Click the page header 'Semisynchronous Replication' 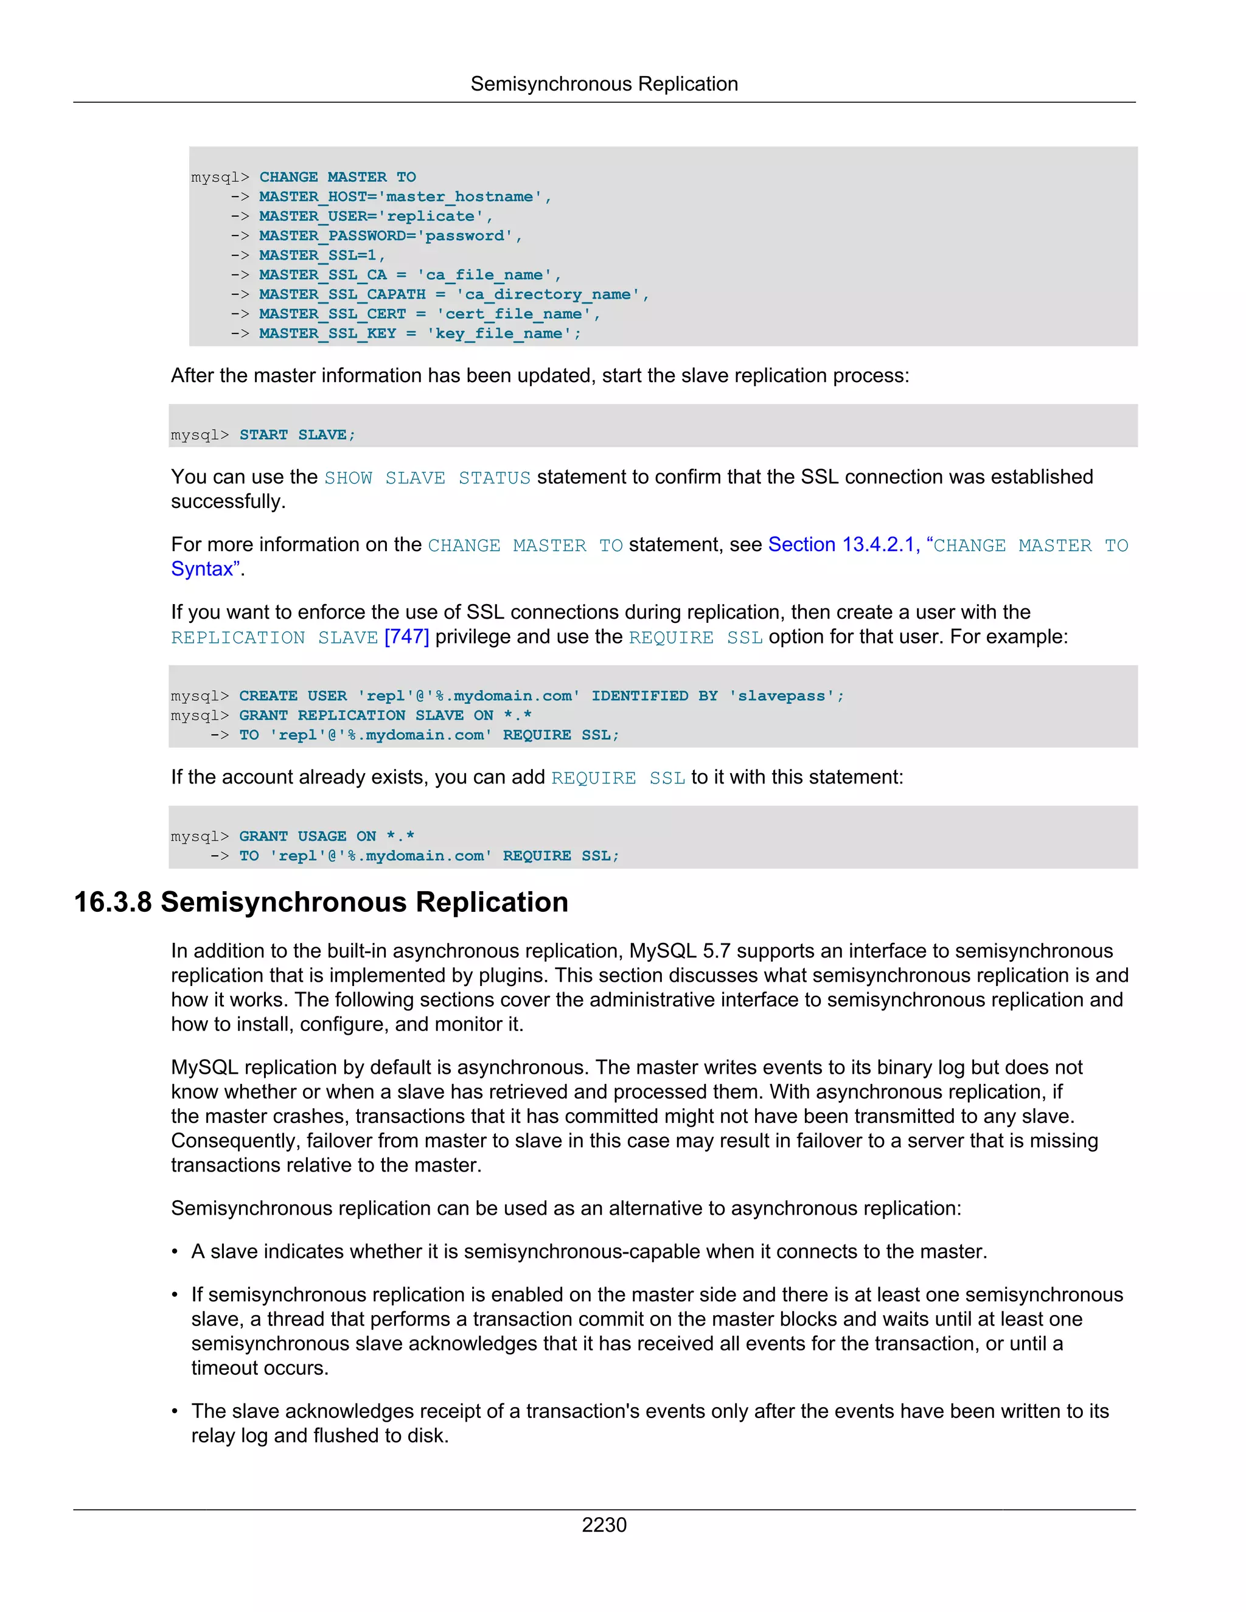coord(604,84)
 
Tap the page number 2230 coord(604,1524)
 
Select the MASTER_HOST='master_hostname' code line coord(405,196)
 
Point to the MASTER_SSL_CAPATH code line coord(453,294)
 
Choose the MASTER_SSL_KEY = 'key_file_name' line coord(419,333)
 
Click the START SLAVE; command coord(297,435)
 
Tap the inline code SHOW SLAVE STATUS coord(427,478)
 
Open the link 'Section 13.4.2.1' coord(841,544)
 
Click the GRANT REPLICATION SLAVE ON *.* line coord(385,715)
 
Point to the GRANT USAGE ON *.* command coord(326,836)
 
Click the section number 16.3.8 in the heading coord(113,902)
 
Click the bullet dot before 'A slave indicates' coord(175,1252)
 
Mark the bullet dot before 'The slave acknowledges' coord(175,1411)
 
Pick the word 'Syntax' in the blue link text coord(201,569)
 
